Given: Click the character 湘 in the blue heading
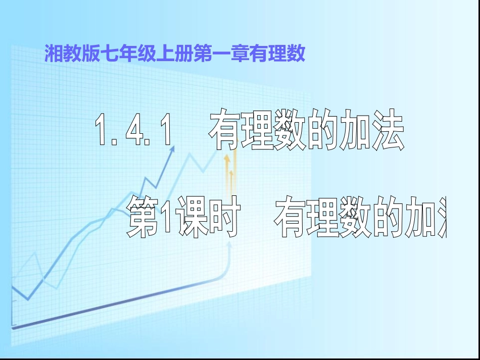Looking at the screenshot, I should coord(53,54).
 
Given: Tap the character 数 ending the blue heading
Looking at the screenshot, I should coord(297,54).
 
